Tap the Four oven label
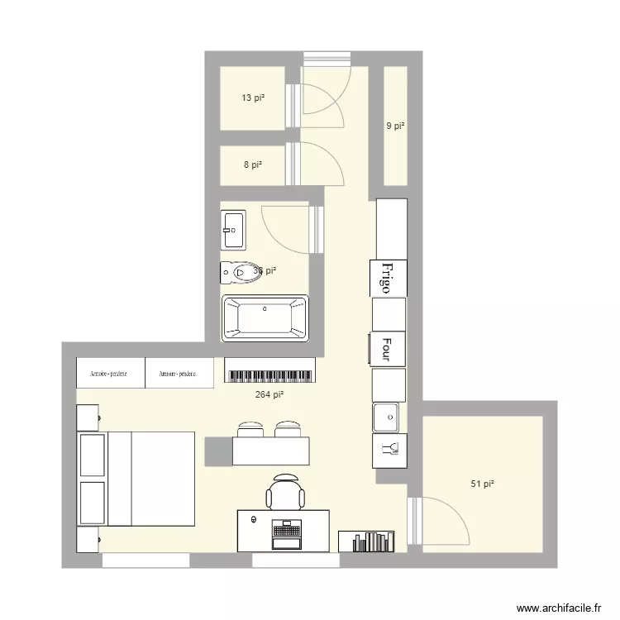386,348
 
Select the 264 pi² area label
269,395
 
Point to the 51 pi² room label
482,484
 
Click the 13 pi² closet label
252,98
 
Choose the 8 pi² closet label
252,165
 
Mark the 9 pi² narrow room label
396,126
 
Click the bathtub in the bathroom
265,318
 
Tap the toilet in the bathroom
241,271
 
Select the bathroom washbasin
233,230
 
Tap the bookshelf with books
372,541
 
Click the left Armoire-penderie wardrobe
110,373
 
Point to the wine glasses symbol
389,449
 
